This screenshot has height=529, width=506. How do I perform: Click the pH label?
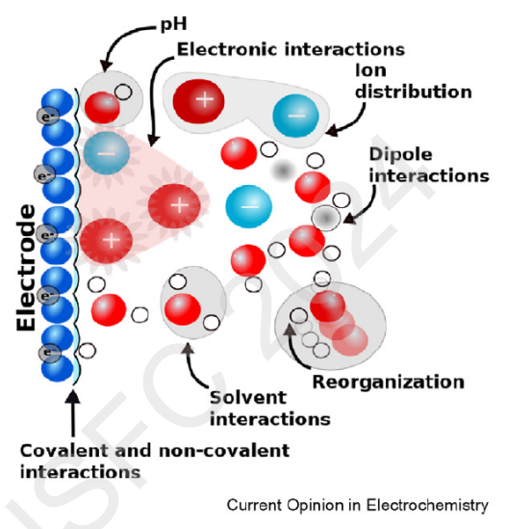click(x=173, y=24)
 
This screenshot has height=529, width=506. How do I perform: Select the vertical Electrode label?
click(x=26, y=268)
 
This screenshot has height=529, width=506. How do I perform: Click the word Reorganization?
click(x=389, y=383)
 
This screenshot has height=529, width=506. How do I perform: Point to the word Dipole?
click(x=400, y=154)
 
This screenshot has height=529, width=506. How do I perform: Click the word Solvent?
click(x=248, y=397)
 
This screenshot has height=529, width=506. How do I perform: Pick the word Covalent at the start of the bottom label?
click(x=64, y=450)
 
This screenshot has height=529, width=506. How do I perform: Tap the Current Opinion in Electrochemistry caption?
click(x=358, y=505)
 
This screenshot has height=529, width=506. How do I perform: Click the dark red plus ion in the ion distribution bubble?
click(x=198, y=101)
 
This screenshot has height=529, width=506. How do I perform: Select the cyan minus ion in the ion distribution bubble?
click(x=295, y=116)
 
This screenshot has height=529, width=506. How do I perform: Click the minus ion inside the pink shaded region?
click(x=107, y=153)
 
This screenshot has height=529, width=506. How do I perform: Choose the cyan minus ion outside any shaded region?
click(x=248, y=206)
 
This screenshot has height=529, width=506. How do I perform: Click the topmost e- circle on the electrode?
click(x=48, y=116)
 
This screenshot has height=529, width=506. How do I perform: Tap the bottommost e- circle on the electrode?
click(x=50, y=354)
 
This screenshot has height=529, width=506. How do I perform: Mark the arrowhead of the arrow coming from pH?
click(x=106, y=66)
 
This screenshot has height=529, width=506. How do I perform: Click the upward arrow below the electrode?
click(x=73, y=413)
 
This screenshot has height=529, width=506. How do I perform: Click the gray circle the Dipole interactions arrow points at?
click(x=326, y=218)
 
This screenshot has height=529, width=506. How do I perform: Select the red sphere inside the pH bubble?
click(x=102, y=107)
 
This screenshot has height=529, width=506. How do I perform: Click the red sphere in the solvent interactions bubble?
click(x=183, y=309)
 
